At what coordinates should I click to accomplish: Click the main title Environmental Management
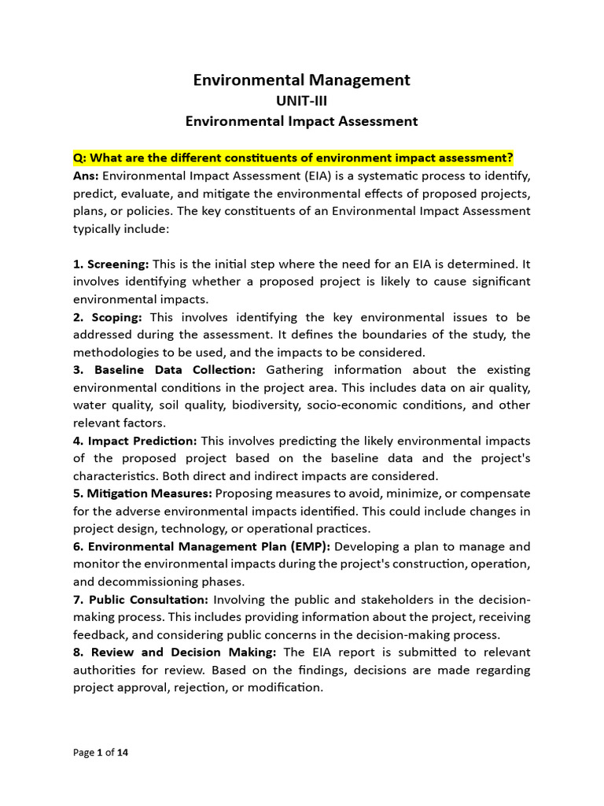302,79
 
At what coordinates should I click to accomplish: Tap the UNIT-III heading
302,101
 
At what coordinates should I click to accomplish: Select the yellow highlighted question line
293,157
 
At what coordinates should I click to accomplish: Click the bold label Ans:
86,176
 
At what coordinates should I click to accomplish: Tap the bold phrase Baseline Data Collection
175,370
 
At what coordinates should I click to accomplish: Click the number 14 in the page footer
123,752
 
